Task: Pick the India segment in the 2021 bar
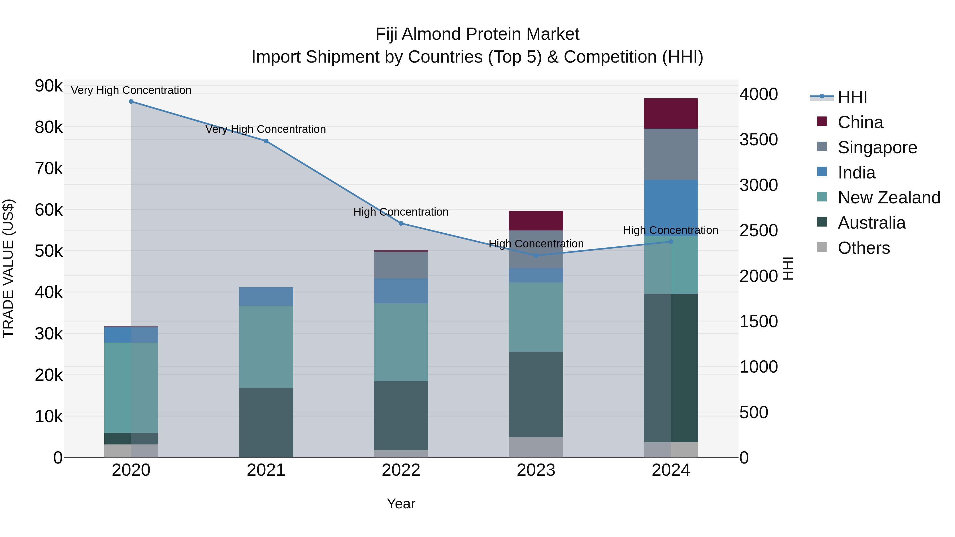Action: pos(266,296)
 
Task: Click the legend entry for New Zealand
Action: pos(889,198)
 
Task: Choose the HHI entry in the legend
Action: pos(852,97)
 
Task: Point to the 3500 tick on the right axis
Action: pos(758,140)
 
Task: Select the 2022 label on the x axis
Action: pos(401,470)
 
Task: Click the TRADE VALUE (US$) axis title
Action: pos(8,268)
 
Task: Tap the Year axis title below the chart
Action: pos(401,504)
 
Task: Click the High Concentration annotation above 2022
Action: pos(401,212)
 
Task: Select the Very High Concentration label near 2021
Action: pos(266,129)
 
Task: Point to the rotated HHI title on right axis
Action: pos(787,268)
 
